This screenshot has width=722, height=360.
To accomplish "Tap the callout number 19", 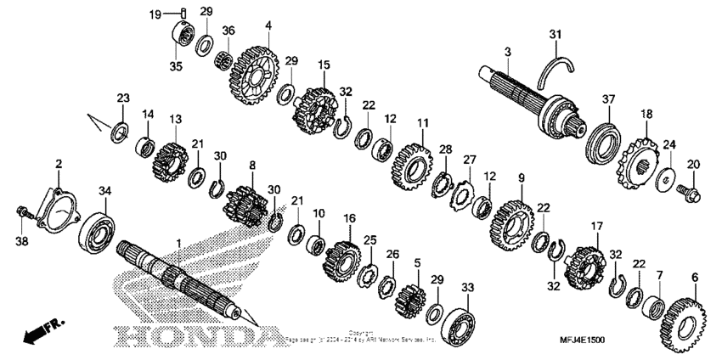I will pyautogui.click(x=156, y=14).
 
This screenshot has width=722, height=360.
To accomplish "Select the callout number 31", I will pyautogui.click(x=555, y=34).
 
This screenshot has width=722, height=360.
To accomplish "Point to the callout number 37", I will pyautogui.click(x=607, y=100).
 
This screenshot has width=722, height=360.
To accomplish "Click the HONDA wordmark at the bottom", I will pyautogui.click(x=196, y=336).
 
